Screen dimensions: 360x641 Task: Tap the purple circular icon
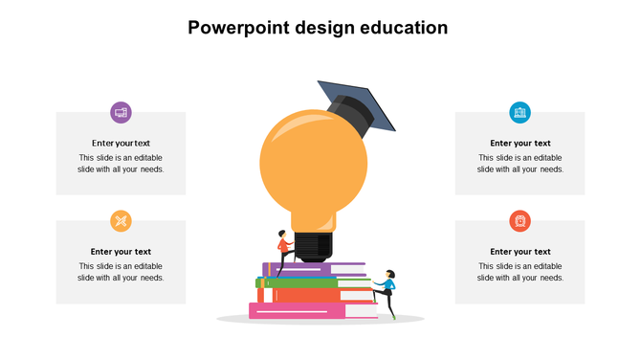121,112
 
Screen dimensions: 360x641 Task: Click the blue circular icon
519,112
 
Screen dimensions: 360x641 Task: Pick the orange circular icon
121,221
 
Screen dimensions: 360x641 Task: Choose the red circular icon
519,221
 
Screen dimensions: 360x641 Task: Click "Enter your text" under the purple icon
121,144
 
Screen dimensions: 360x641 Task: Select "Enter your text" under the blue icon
519,144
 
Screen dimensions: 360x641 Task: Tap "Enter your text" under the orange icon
121,252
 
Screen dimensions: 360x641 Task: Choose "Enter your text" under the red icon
519,252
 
